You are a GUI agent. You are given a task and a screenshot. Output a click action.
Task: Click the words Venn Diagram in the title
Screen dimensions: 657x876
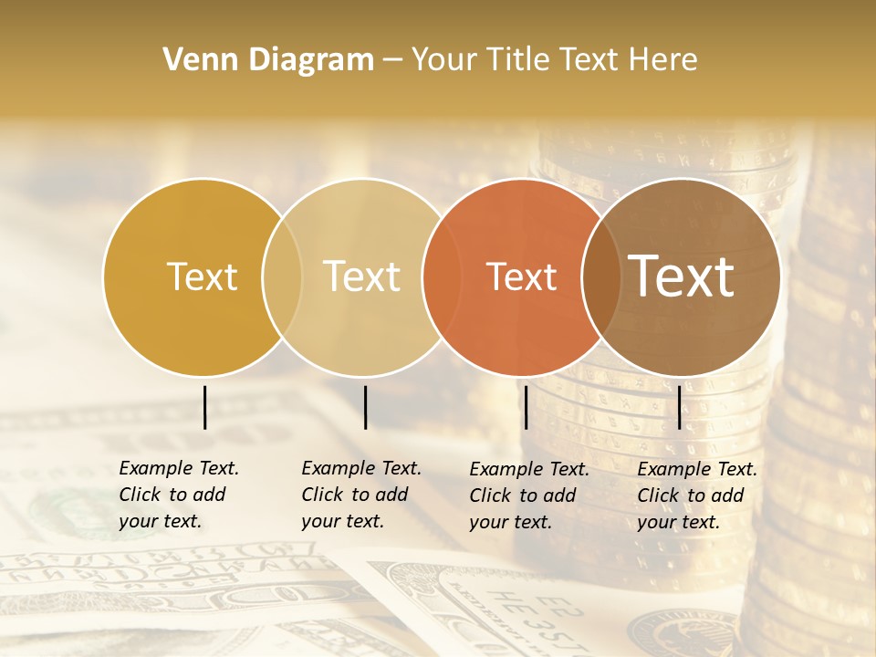(x=268, y=60)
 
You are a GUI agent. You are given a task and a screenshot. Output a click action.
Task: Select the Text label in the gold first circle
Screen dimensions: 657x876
(x=202, y=276)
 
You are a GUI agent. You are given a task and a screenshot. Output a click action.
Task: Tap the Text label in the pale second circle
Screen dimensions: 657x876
(x=362, y=276)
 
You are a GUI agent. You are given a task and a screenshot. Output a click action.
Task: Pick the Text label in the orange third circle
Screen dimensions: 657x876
(x=521, y=276)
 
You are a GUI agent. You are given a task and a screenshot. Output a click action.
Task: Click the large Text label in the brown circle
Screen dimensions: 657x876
(x=682, y=276)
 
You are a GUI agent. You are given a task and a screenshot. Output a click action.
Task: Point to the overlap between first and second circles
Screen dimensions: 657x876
(x=282, y=276)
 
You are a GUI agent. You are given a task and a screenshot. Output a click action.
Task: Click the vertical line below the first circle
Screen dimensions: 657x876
(x=204, y=407)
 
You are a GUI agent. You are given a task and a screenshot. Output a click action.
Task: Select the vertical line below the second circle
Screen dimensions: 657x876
(x=365, y=407)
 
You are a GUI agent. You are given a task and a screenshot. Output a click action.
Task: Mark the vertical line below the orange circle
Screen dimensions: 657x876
(x=526, y=407)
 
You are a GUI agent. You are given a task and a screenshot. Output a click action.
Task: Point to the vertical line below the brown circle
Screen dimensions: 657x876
(x=680, y=407)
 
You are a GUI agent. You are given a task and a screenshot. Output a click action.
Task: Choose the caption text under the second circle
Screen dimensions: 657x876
(x=361, y=495)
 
